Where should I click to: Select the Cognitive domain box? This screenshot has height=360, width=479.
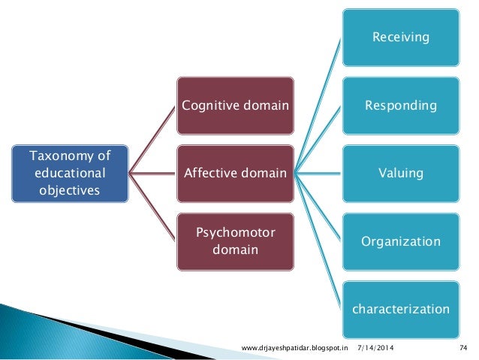235,105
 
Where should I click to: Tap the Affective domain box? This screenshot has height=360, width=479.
235,174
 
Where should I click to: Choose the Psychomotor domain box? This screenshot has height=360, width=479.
235,240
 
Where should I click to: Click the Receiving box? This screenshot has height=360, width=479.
401,36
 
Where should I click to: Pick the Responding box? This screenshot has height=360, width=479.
401,105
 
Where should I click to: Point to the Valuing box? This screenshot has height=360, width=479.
401,174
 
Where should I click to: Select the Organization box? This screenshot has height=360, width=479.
401,242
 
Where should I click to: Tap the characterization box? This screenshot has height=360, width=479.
401,309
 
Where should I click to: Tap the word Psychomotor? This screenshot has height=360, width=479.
235,231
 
